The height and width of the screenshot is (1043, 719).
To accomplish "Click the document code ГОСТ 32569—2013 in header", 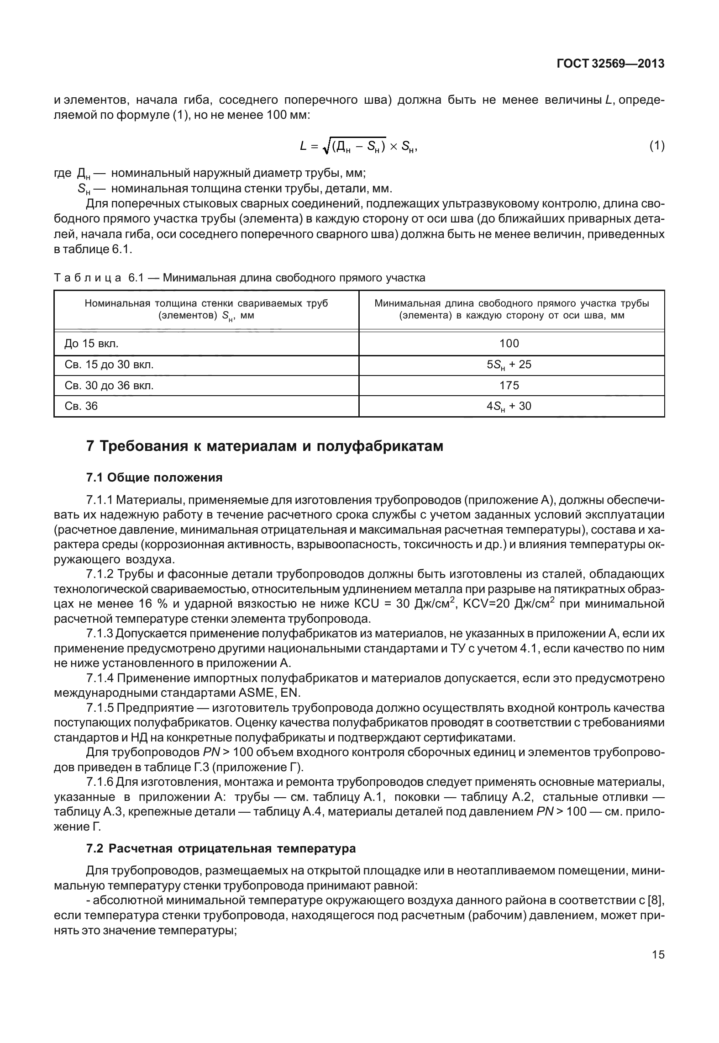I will pos(610,64).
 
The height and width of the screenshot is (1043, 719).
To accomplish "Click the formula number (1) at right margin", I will pos(656,146).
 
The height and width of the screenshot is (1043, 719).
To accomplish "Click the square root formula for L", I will pos(358,146).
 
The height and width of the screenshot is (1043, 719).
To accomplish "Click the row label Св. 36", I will pos(81,406).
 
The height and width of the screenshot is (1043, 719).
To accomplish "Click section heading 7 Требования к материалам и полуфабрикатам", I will pos(265,446).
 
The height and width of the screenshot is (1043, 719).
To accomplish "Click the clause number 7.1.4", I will pos(99,678).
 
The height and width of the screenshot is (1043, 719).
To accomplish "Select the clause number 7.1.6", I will pos(99,783).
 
